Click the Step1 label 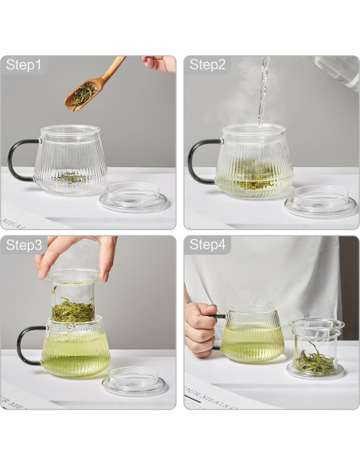point(24,65)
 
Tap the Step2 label point(208,65)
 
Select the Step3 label point(24,245)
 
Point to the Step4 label point(208,245)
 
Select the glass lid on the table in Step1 point(136,197)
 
